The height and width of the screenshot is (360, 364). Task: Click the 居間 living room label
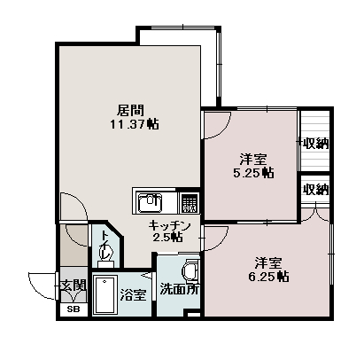point(130,111)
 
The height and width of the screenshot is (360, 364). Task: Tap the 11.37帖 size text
point(135,124)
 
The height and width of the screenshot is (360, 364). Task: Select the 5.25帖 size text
point(253,172)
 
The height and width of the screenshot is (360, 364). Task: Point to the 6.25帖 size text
point(268,277)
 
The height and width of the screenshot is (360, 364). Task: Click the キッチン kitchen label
point(169,225)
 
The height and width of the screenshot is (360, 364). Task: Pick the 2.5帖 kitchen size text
point(167,237)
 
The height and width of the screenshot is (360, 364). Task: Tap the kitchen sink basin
point(151,202)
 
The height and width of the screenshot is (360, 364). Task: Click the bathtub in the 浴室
point(105,294)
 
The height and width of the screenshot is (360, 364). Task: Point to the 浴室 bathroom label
point(134,294)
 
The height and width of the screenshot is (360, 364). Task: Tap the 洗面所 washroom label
point(179,289)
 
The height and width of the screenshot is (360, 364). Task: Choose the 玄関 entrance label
point(73,286)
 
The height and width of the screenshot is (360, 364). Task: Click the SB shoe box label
point(74,309)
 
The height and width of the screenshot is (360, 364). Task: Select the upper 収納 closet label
point(317,144)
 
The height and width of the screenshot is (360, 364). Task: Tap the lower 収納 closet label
point(317,190)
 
